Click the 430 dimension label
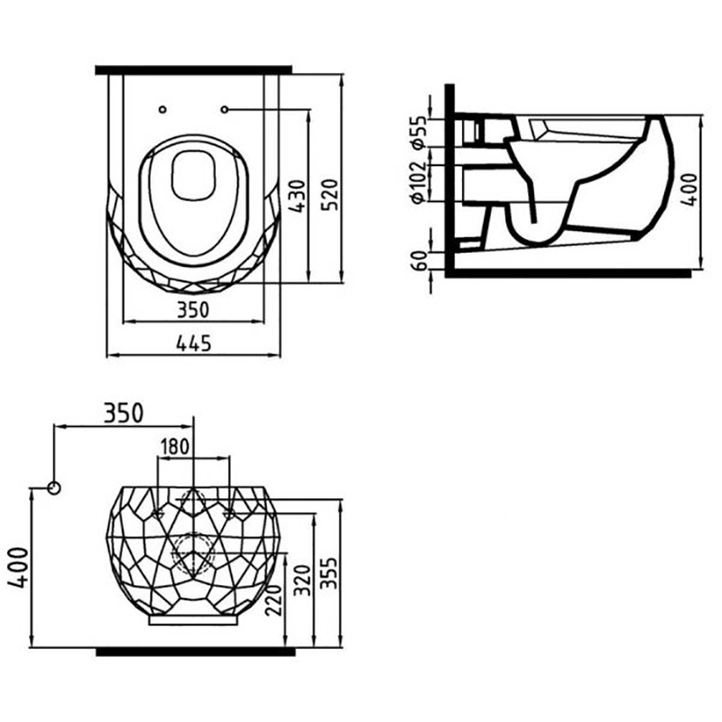[298, 196]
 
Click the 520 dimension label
[329, 195]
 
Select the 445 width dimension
[194, 343]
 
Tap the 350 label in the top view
[193, 310]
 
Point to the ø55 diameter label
[419, 132]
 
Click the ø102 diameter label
[419, 181]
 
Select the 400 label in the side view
[690, 190]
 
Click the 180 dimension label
[175, 446]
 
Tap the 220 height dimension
[273, 600]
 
